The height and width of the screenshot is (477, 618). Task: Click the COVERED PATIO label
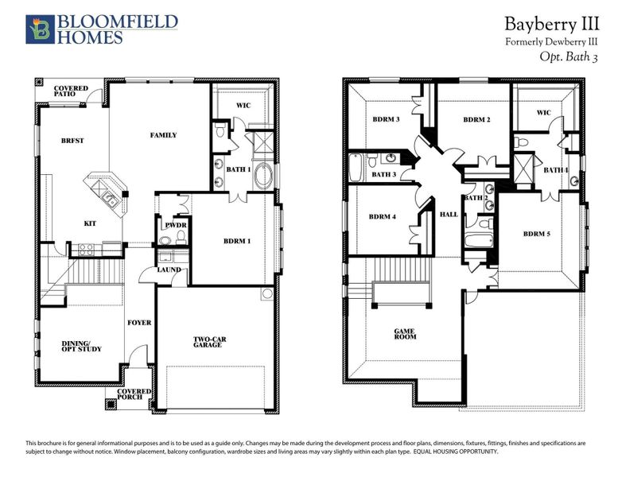70,91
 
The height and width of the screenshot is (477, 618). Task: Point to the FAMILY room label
163,135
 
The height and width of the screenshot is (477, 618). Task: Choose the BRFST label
72,141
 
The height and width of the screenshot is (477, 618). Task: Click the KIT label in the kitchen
90,223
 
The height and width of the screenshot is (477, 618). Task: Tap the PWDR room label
175,226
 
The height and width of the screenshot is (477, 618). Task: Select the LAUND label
169,269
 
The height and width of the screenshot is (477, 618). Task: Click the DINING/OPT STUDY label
81,346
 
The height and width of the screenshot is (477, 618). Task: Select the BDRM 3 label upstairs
386,120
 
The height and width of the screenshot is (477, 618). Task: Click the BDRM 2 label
476,120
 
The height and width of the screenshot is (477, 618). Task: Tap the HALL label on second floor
448,215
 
